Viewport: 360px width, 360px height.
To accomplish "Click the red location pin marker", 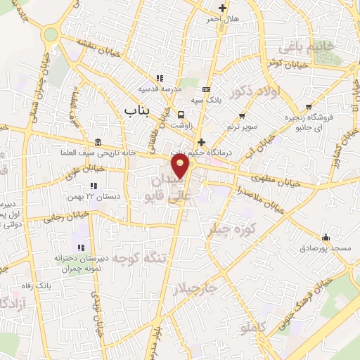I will coord(182,167).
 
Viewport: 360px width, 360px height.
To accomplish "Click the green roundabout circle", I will coord(49,34).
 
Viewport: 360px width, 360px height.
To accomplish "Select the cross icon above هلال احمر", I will coord(223,8).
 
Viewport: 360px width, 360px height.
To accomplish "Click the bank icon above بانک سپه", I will coord(205,90).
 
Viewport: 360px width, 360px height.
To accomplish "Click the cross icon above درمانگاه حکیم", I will coord(201,142).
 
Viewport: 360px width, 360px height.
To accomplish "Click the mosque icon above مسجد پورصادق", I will coord(324,237).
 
